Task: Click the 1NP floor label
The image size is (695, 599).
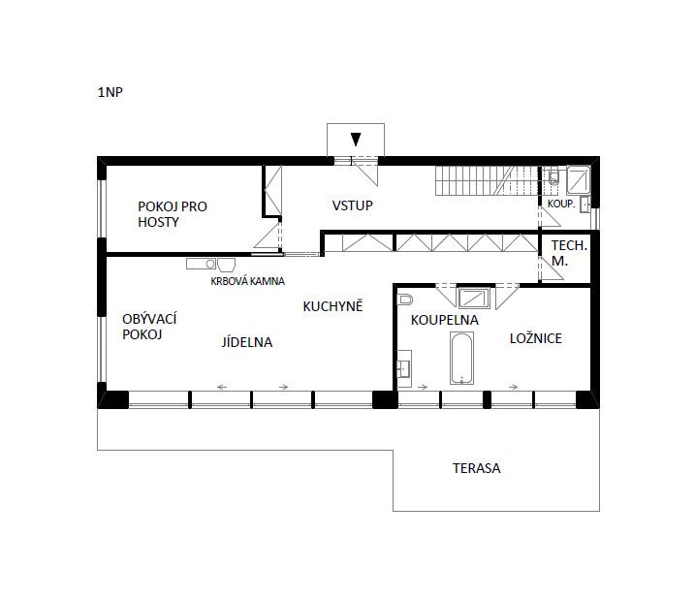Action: click(110, 92)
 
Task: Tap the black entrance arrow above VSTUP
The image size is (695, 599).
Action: click(356, 140)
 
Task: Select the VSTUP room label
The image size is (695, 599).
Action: click(353, 205)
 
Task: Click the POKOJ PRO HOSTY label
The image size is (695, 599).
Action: click(173, 214)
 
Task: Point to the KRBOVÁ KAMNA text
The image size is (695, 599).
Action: click(247, 281)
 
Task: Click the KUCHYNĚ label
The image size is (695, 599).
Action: click(332, 305)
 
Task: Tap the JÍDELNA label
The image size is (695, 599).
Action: click(247, 342)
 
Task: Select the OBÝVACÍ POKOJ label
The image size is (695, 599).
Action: click(149, 327)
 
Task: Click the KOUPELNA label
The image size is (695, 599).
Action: click(445, 320)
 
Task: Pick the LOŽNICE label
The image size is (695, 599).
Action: click(536, 338)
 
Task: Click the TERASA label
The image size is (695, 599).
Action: click(477, 468)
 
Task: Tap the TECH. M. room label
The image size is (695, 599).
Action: click(569, 253)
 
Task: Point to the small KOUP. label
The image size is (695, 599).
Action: click(561, 204)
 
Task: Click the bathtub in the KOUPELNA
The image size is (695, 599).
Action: click(461, 359)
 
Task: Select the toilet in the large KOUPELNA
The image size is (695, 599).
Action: click(404, 299)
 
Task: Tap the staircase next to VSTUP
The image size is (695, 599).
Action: click(487, 180)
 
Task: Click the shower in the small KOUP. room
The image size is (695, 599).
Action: click(579, 179)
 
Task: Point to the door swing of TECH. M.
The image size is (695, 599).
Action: click(551, 268)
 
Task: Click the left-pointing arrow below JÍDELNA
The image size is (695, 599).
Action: click(222, 387)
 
